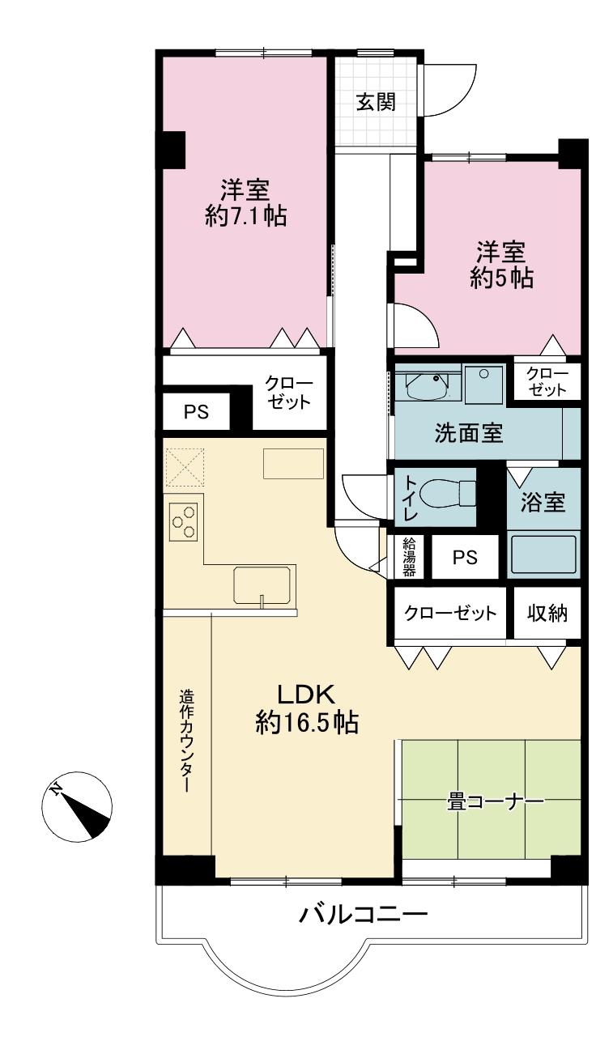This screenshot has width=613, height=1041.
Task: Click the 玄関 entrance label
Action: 376,102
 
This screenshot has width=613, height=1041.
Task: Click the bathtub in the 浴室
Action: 543,554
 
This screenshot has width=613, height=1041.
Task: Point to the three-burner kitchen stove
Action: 183,521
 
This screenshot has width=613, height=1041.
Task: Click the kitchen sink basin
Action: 263,584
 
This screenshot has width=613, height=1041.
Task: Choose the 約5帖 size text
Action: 501,278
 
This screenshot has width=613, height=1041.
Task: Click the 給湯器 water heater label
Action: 409,556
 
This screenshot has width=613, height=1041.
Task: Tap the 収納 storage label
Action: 547,614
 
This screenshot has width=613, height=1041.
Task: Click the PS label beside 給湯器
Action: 465,557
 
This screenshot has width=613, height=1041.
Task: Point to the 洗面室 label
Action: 469,433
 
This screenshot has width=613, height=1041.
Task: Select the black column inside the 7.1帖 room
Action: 174,150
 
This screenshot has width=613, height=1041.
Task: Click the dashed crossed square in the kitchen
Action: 184,467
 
